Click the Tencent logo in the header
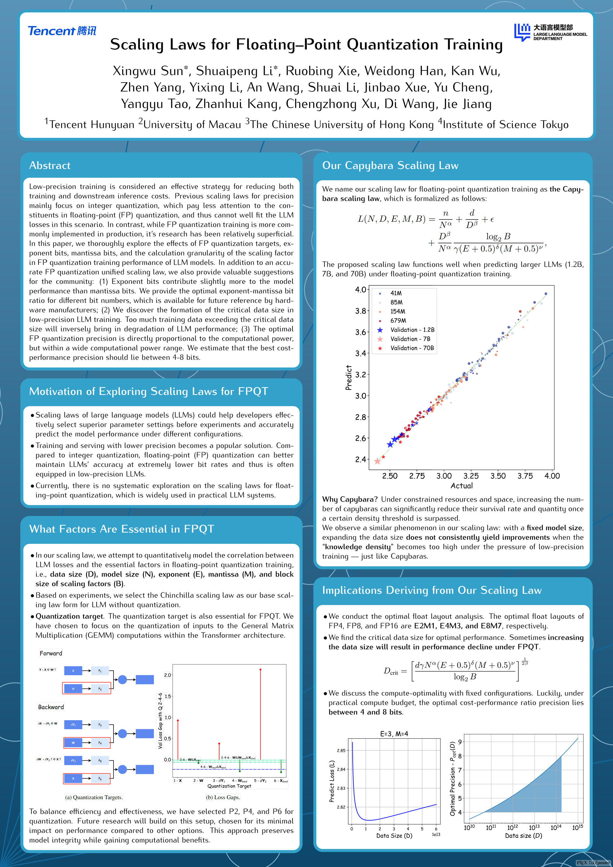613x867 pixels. coord(62,31)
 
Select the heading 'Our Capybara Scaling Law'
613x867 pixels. coord(390,165)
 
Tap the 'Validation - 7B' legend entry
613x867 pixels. coord(410,339)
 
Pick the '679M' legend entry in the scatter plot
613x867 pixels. coord(398,321)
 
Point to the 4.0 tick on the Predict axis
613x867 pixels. coord(361,290)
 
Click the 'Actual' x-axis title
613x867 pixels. coord(461,486)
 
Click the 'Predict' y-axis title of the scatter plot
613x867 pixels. coord(348,377)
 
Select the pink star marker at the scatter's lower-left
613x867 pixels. coord(377,461)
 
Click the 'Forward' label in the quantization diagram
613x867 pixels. coord(51,653)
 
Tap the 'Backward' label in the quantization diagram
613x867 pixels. coord(51,707)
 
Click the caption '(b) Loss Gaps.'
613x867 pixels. coord(223,797)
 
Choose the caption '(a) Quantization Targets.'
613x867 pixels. coord(94,797)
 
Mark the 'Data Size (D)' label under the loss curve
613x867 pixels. coord(394,836)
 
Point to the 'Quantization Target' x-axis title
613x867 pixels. coord(229,786)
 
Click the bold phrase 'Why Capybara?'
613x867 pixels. coord(349,499)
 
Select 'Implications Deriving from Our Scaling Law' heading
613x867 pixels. coord(432,590)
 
